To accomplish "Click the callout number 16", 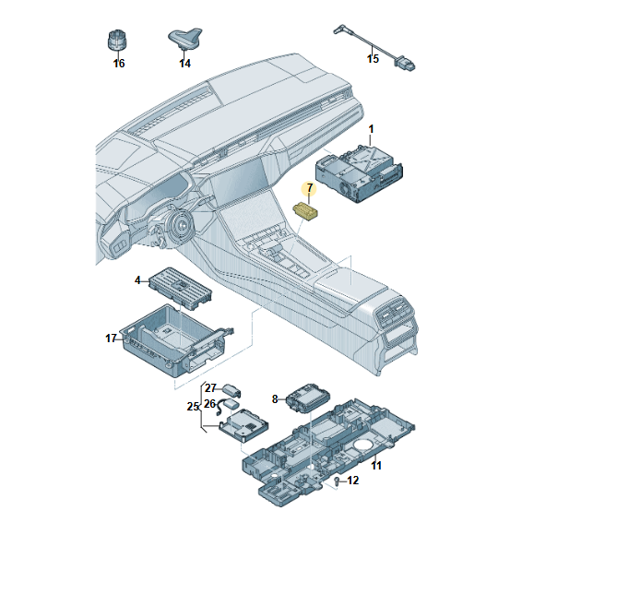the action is point(119,64).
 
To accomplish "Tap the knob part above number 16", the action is point(118,41).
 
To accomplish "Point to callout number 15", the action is point(373,58).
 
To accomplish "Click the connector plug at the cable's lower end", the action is point(405,65).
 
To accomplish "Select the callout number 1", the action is point(371,129).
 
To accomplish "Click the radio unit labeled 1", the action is point(359,172).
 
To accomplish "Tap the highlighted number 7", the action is point(309,187).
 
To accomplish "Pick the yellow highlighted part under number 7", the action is point(305,211).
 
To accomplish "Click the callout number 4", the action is point(137,280).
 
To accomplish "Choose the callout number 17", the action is point(111,339).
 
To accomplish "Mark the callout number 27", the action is point(210,388).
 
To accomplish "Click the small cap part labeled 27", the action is point(231,390).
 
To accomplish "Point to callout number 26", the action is point(209,404).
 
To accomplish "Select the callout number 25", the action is point(193,407).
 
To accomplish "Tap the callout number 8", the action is point(275,399).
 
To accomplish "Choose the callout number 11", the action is point(376,466).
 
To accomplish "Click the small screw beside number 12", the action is point(338,481).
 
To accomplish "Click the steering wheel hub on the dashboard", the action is point(182,227).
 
